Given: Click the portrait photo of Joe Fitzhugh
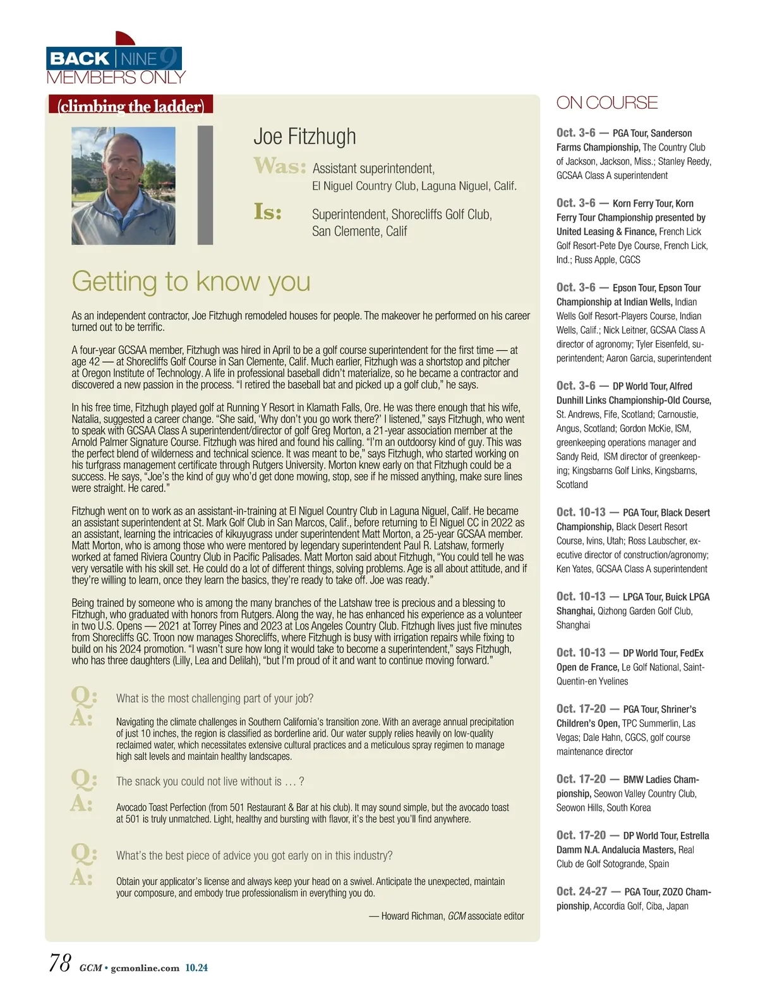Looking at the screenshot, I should coord(123,186).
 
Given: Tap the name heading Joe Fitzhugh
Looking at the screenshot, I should coord(304,137).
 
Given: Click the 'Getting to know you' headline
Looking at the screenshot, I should coord(191,281).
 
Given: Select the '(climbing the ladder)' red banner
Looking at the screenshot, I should coord(131,105).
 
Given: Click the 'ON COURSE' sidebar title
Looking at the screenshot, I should coord(606,102).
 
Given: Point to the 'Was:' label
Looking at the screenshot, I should coord(279,166).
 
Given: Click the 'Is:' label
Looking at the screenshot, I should coord(268,212).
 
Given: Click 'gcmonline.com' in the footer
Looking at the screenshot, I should coord(145,968).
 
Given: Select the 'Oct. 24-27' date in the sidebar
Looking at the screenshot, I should coord(581,891).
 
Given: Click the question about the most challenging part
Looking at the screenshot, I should coord(215,698).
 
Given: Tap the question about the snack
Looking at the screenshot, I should coord(210,781).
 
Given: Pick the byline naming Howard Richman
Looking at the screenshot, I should coord(446,916).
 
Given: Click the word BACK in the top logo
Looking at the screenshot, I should coord(80,59).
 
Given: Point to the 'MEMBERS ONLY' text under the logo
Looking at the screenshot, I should coord(116,78).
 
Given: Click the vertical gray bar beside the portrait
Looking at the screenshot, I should coord(205,185).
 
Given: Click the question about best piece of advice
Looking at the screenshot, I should coord(254,856).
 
